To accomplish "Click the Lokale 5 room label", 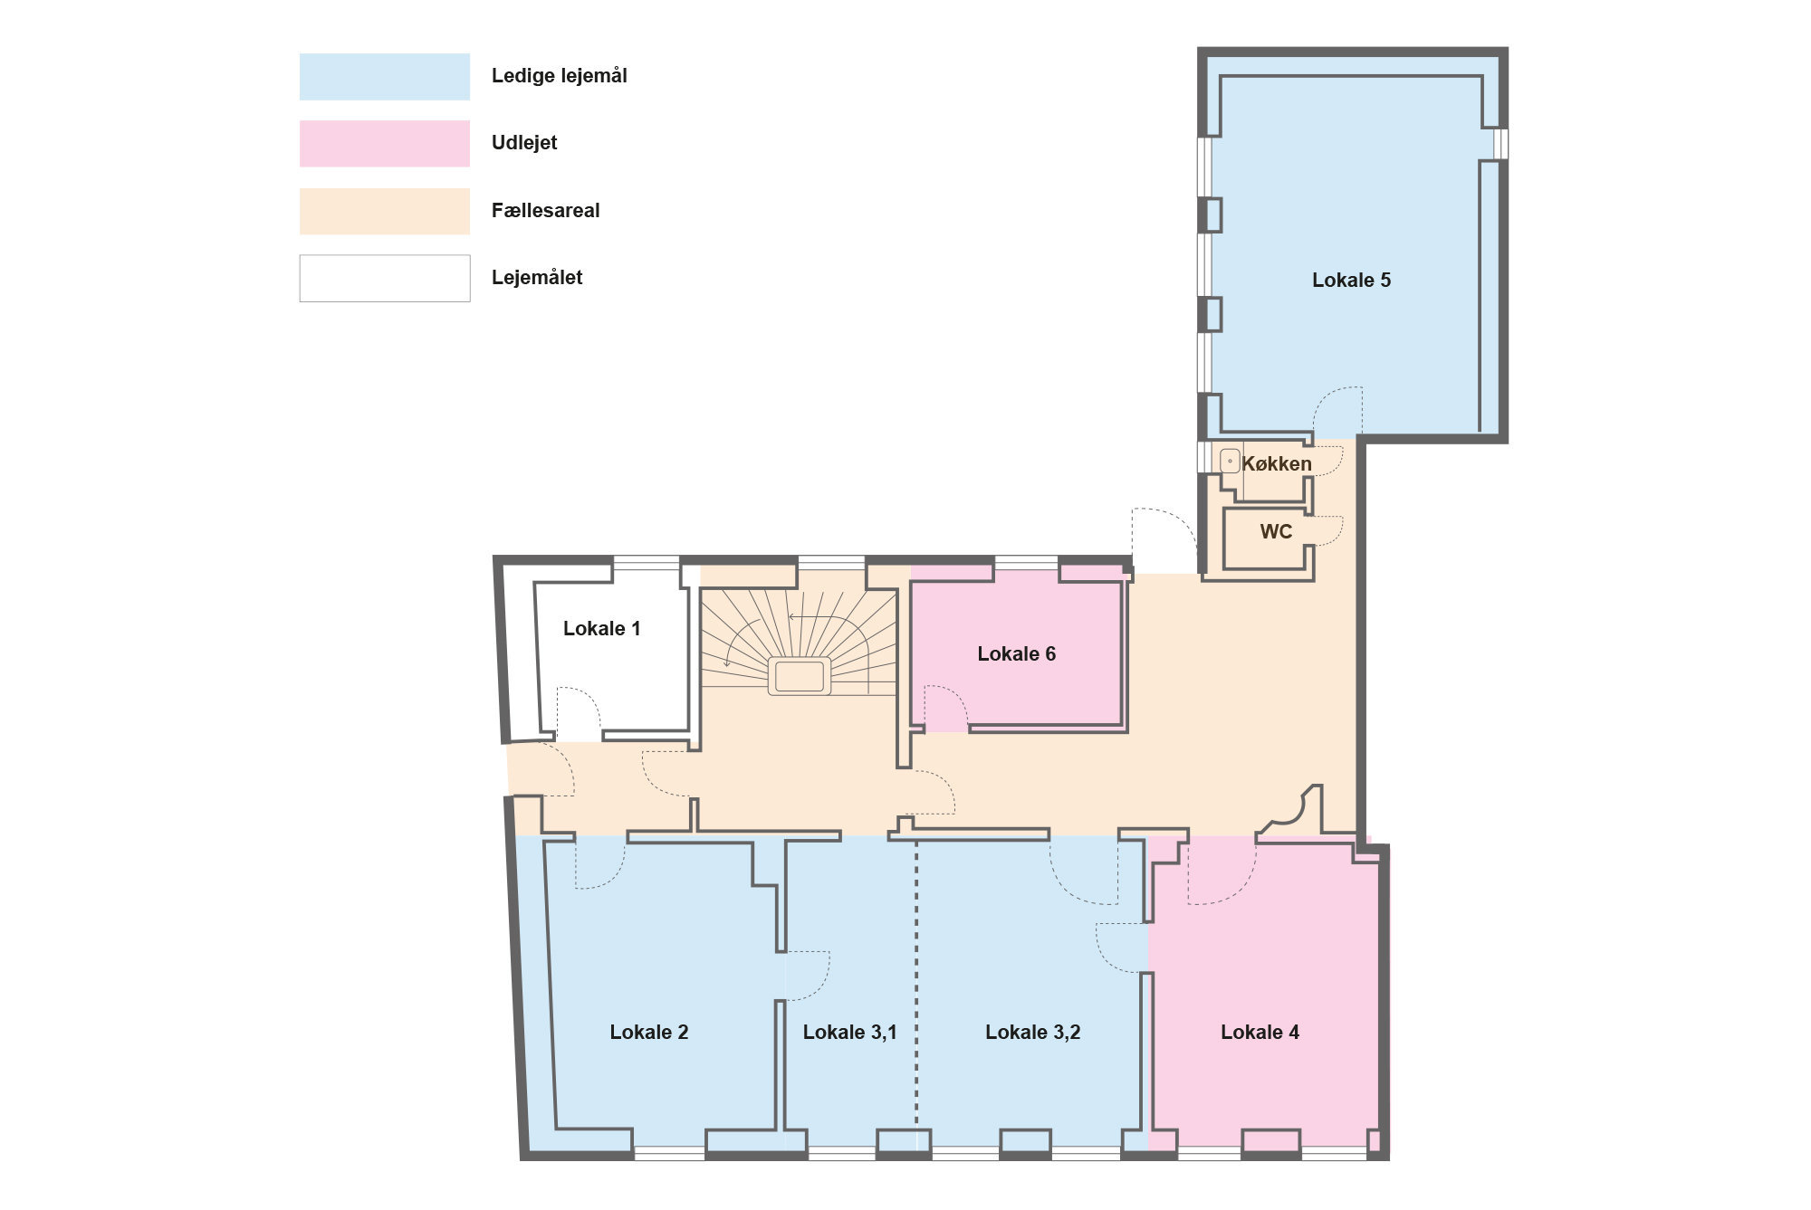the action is click(x=1351, y=281).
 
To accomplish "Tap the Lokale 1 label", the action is click(x=602, y=629).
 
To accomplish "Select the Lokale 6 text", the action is click(x=1016, y=654).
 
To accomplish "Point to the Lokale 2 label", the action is click(x=648, y=1033).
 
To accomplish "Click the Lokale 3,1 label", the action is click(x=849, y=1033).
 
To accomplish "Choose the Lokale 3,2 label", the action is click(x=1032, y=1033).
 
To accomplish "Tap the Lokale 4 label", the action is click(x=1260, y=1033).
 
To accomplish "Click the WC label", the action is click(x=1276, y=532).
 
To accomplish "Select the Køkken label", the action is click(x=1277, y=464).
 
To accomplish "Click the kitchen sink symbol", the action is click(x=1230, y=462).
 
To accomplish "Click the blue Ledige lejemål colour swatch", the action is click(x=385, y=76).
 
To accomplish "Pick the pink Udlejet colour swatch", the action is click(x=385, y=144).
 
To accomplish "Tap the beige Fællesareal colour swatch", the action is click(x=385, y=212).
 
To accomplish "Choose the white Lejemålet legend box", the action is click(x=385, y=278).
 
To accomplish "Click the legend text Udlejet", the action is click(x=524, y=143).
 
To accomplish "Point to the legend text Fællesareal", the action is click(x=545, y=211).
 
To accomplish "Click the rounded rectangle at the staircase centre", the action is click(x=800, y=676).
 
